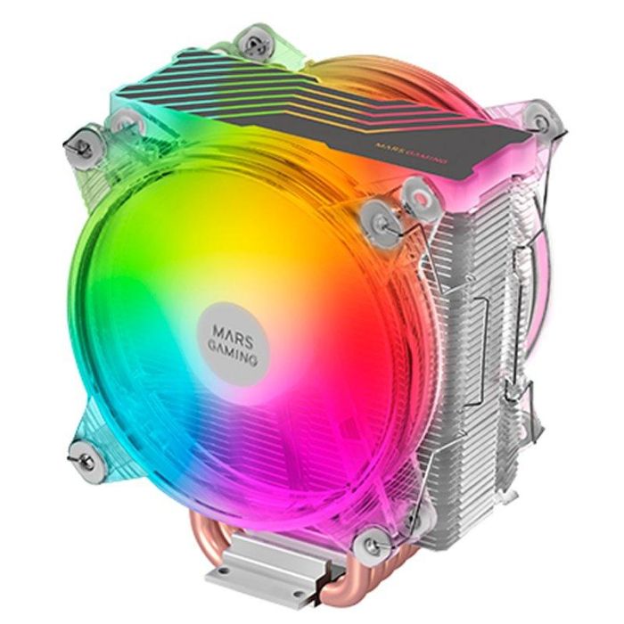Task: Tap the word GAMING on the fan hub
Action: click(x=230, y=338)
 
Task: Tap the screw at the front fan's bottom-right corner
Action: click(x=372, y=540)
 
